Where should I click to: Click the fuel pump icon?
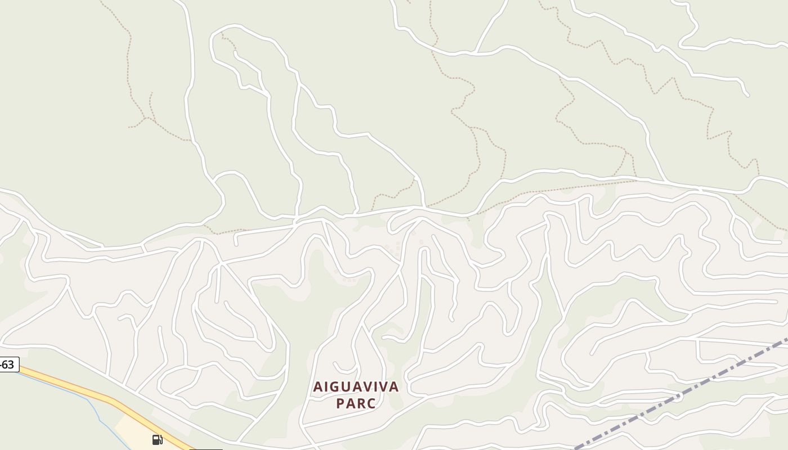(x=158, y=439)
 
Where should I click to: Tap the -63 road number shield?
(x=8, y=364)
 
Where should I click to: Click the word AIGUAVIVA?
(x=356, y=387)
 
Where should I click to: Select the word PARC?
(x=356, y=403)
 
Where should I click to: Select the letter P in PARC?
(x=340, y=403)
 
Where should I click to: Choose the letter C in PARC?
(x=371, y=403)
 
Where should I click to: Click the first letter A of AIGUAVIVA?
(x=317, y=387)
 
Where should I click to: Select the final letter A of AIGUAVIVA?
(x=394, y=387)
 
